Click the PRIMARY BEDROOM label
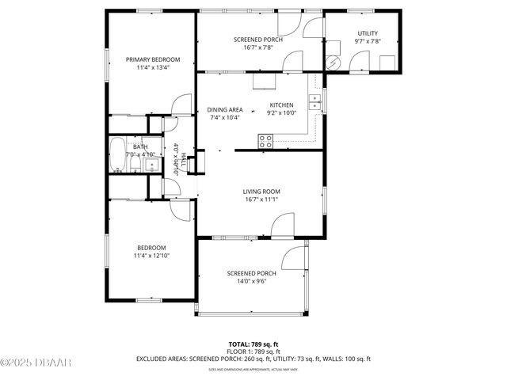(x=153, y=59)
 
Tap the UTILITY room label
(x=368, y=32)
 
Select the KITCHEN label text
(x=281, y=104)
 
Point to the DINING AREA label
(x=225, y=109)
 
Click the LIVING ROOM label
(x=261, y=192)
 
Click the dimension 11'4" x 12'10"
(x=152, y=256)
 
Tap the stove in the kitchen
(x=266, y=141)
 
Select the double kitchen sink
(x=314, y=101)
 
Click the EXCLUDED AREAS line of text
(x=253, y=359)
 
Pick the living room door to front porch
(x=282, y=224)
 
